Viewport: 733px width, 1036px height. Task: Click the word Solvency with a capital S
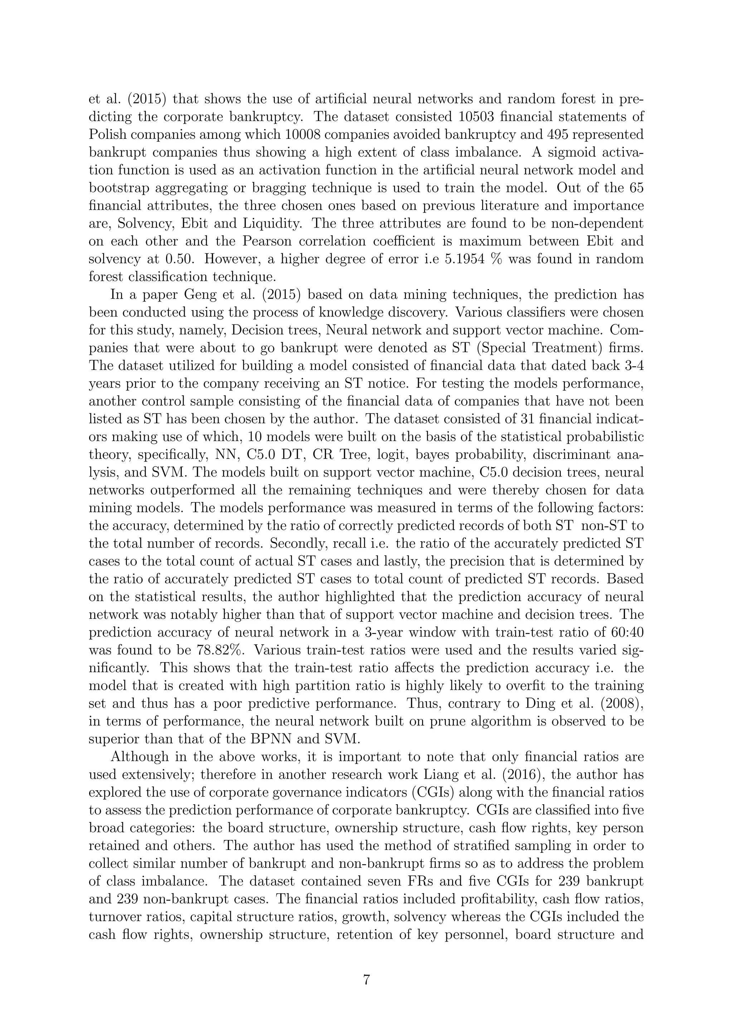pyautogui.click(x=145, y=224)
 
